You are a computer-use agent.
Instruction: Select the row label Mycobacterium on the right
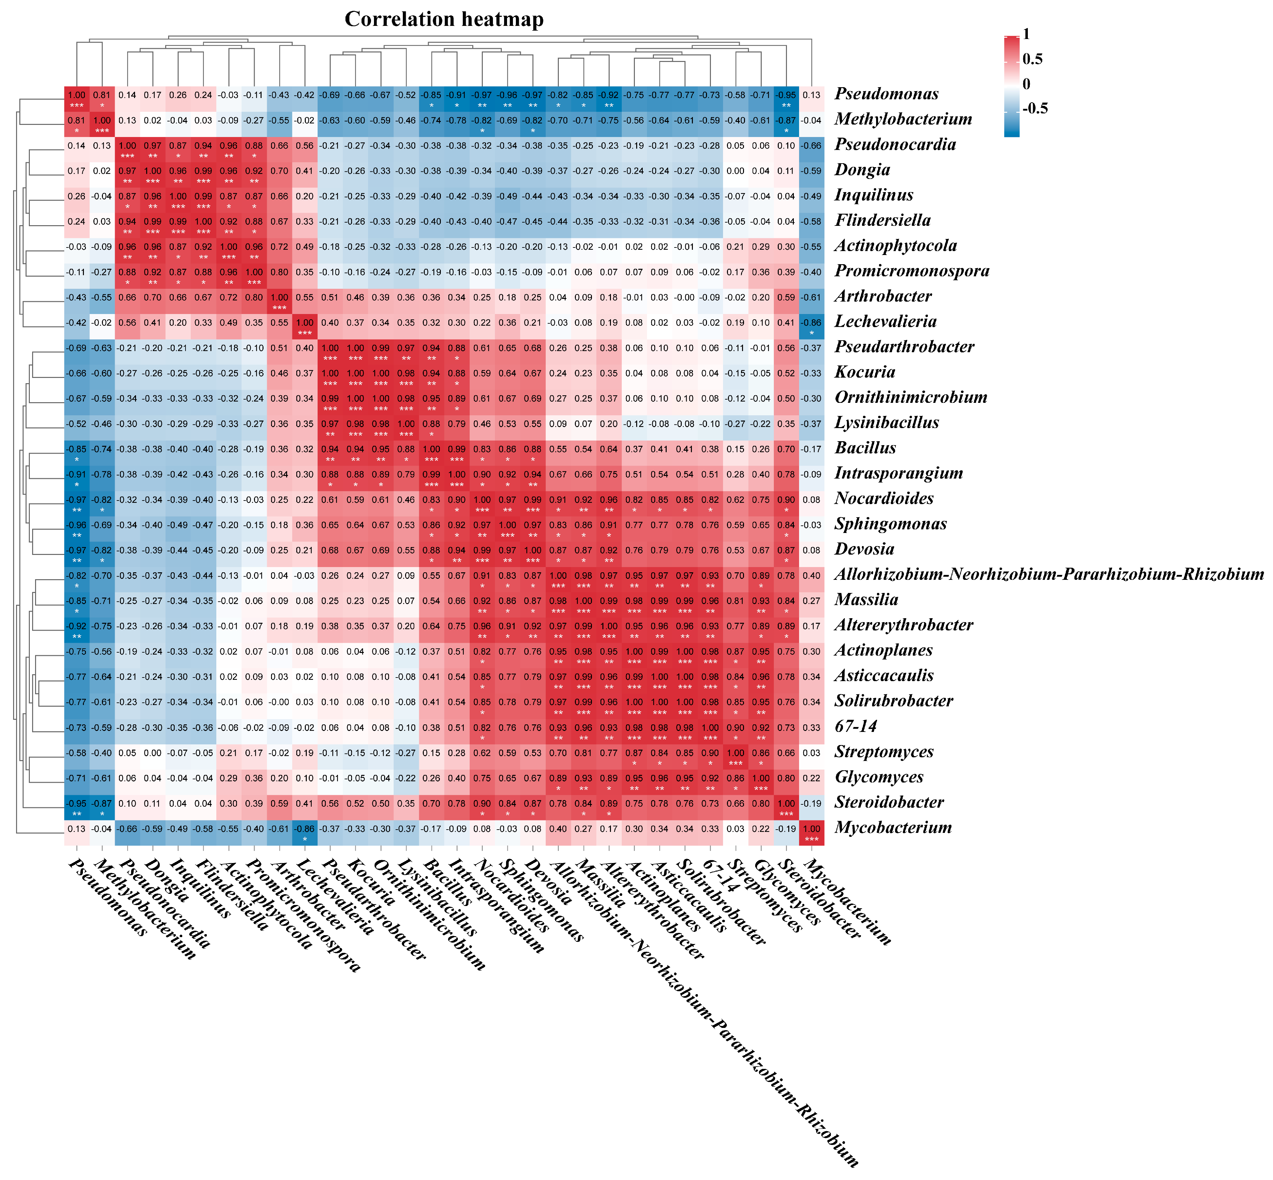point(892,828)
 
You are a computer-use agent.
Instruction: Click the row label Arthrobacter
point(883,296)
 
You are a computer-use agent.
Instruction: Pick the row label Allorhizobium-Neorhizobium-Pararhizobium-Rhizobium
point(1049,575)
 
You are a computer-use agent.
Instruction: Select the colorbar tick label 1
point(1026,34)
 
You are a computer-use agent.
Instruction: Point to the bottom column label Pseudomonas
point(107,897)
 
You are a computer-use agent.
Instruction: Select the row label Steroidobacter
point(889,803)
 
